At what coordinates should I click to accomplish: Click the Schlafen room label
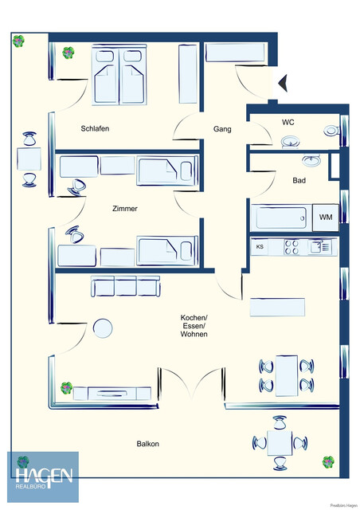point(95,128)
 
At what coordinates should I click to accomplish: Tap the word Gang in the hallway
point(222,128)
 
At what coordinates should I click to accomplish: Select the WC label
point(288,122)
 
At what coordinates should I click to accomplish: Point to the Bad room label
point(299,180)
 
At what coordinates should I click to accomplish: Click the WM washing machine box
point(326,217)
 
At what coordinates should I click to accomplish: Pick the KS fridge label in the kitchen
point(260,247)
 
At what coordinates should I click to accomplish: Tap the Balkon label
point(147,444)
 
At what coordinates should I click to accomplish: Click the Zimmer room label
point(124,209)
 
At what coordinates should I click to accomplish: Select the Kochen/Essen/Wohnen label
point(194,326)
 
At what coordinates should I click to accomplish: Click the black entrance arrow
point(280,80)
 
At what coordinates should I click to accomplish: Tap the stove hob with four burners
point(292,247)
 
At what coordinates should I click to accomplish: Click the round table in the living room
point(102,328)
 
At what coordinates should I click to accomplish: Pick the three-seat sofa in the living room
point(125,286)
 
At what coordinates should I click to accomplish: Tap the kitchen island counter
point(277,307)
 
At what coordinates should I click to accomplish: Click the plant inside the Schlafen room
point(69,53)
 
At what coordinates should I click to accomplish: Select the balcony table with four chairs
point(279,443)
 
